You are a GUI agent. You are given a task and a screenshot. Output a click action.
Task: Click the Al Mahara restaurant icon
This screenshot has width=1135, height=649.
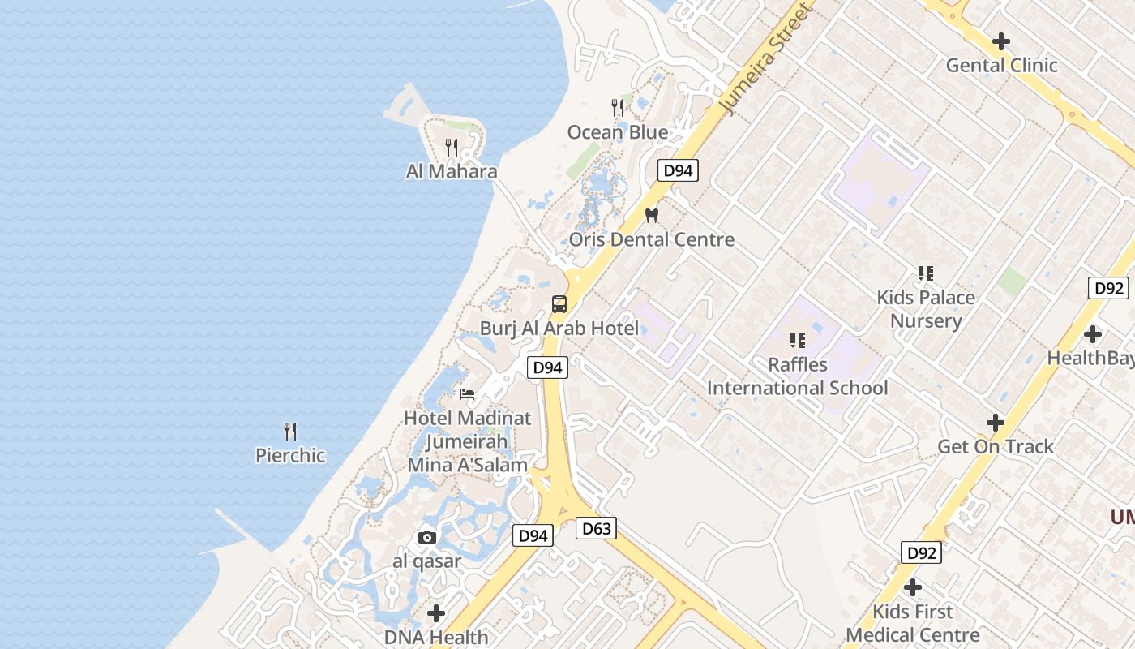click(x=452, y=148)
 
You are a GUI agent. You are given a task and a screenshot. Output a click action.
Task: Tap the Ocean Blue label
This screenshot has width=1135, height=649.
click(x=618, y=132)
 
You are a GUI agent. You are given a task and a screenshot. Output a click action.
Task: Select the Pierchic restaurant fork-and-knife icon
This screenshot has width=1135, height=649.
click(x=289, y=431)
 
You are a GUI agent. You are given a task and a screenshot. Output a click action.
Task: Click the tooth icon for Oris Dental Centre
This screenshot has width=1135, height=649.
click(x=650, y=216)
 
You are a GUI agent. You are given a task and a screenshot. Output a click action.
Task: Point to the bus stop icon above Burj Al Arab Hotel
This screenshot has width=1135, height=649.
click(x=559, y=304)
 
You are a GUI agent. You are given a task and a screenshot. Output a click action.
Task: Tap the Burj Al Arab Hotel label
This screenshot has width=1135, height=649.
click(x=559, y=329)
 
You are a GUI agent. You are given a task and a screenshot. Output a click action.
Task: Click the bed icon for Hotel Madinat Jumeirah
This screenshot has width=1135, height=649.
click(x=467, y=394)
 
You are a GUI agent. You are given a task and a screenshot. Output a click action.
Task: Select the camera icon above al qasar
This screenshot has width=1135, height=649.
click(x=427, y=537)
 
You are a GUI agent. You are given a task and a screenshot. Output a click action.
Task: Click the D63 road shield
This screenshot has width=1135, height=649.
click(x=597, y=529)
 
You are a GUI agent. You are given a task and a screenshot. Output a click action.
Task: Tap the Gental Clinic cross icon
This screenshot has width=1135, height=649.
click(x=1001, y=41)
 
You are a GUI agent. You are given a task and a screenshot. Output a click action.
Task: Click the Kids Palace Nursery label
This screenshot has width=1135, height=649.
click(x=926, y=309)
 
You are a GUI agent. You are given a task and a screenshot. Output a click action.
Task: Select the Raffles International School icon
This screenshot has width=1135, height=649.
click(x=798, y=341)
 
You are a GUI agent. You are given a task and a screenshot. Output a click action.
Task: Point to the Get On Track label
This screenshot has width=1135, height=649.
click(x=996, y=446)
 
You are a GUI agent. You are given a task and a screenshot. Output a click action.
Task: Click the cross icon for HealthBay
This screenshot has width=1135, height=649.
click(x=1093, y=333)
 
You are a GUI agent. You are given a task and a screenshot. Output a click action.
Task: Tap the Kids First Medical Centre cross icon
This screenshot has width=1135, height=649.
click(x=913, y=587)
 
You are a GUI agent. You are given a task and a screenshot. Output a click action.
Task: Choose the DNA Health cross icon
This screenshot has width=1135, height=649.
click(x=436, y=613)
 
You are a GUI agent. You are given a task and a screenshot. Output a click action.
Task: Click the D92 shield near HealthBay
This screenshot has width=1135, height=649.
click(x=1108, y=288)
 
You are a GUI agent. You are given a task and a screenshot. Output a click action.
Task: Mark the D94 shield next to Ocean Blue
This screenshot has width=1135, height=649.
click(x=677, y=170)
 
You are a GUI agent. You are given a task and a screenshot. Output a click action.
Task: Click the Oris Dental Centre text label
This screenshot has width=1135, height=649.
click(x=652, y=239)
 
